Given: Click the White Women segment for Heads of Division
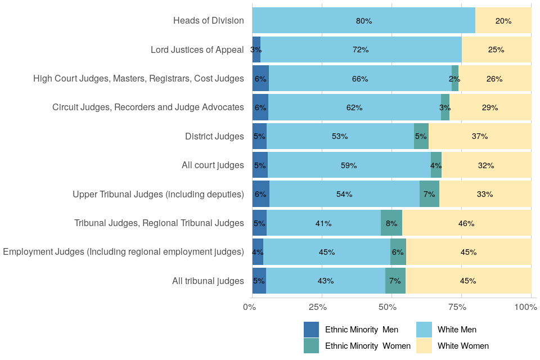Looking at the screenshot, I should (x=503, y=21).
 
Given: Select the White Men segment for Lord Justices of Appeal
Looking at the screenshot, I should (x=361, y=49).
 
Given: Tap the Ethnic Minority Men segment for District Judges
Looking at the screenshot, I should (x=259, y=136).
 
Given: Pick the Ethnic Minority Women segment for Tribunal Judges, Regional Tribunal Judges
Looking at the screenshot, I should (x=391, y=223).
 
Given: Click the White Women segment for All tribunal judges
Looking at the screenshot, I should (x=468, y=281).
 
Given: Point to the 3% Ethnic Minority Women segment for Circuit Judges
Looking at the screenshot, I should (x=445, y=107).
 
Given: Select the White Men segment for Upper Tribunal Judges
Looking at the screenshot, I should (x=344, y=194).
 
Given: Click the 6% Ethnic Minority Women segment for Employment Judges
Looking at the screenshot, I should (x=398, y=252).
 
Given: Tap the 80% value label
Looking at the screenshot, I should (x=364, y=21).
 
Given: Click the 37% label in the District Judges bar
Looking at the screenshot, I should (x=480, y=136).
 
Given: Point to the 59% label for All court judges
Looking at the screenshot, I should (x=349, y=165).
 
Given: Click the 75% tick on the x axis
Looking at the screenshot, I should (x=457, y=307).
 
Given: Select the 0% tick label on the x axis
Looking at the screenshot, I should (x=250, y=307).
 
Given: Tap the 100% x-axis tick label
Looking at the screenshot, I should (x=526, y=307).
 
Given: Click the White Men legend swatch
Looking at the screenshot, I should (x=424, y=330).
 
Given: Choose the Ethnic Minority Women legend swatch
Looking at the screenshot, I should (x=311, y=345).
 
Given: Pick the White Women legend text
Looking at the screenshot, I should (x=463, y=345).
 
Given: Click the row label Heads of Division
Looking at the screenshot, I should (x=208, y=21).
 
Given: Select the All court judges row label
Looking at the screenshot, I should (x=213, y=165).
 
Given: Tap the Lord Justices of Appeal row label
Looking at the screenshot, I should (x=197, y=49).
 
